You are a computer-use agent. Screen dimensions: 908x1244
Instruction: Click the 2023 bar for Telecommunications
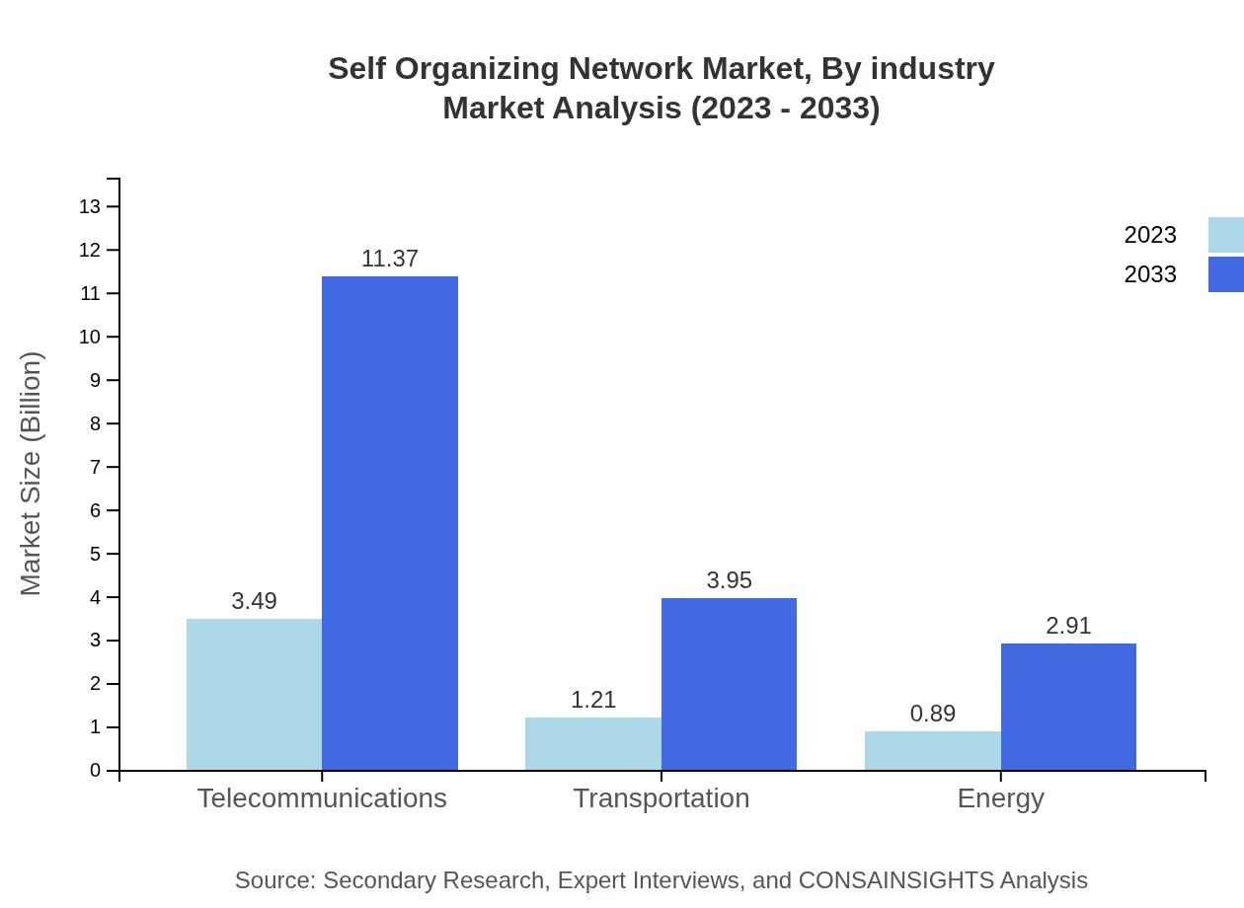click(x=254, y=694)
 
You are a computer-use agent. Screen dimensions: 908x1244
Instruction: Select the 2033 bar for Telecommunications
click(x=390, y=523)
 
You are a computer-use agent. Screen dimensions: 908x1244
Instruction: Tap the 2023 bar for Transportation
click(x=592, y=743)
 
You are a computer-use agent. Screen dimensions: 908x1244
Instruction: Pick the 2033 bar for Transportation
click(x=729, y=684)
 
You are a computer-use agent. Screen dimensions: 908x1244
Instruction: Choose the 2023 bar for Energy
click(x=932, y=750)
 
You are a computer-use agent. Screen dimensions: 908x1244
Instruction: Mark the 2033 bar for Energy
click(x=1068, y=707)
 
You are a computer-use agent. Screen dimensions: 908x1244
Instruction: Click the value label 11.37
click(x=390, y=259)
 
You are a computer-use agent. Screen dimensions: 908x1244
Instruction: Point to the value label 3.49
click(x=254, y=601)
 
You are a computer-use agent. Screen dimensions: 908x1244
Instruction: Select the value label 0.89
click(x=932, y=714)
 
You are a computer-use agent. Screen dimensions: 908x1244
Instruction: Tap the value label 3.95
click(x=729, y=580)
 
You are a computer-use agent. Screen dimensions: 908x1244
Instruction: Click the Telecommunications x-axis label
click(x=322, y=798)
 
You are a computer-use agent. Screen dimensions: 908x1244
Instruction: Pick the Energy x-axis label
click(x=1000, y=798)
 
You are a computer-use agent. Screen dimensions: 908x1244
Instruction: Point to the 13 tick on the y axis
click(x=90, y=206)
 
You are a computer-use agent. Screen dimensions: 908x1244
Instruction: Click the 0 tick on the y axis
click(x=96, y=771)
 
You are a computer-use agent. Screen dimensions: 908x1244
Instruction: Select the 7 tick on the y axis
click(x=96, y=467)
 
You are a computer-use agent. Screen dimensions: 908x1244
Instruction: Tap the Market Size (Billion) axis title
click(x=32, y=474)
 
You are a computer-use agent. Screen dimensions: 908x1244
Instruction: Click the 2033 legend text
click(x=1150, y=274)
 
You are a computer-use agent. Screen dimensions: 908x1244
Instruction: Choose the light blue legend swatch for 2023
click(x=1225, y=235)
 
